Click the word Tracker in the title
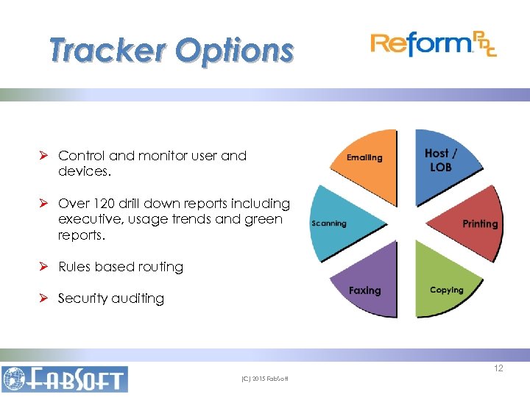pyautogui.click(x=107, y=50)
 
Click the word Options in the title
pyautogui.click(x=234, y=50)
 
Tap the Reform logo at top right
pyautogui.click(x=433, y=45)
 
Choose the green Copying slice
pyautogui.click(x=442, y=283)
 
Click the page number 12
pyautogui.click(x=498, y=368)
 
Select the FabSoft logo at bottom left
pyautogui.click(x=65, y=379)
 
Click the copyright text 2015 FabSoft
pyautogui.click(x=265, y=379)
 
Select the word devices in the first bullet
pyautogui.click(x=83, y=171)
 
